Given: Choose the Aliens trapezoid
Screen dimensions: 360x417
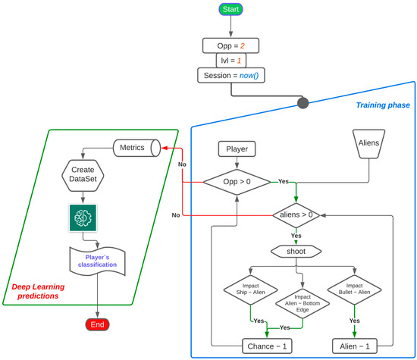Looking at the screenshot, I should point(370,142).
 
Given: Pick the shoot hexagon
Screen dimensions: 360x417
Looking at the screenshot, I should point(296,251).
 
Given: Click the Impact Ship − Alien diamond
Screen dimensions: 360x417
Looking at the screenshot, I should point(249,291).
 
